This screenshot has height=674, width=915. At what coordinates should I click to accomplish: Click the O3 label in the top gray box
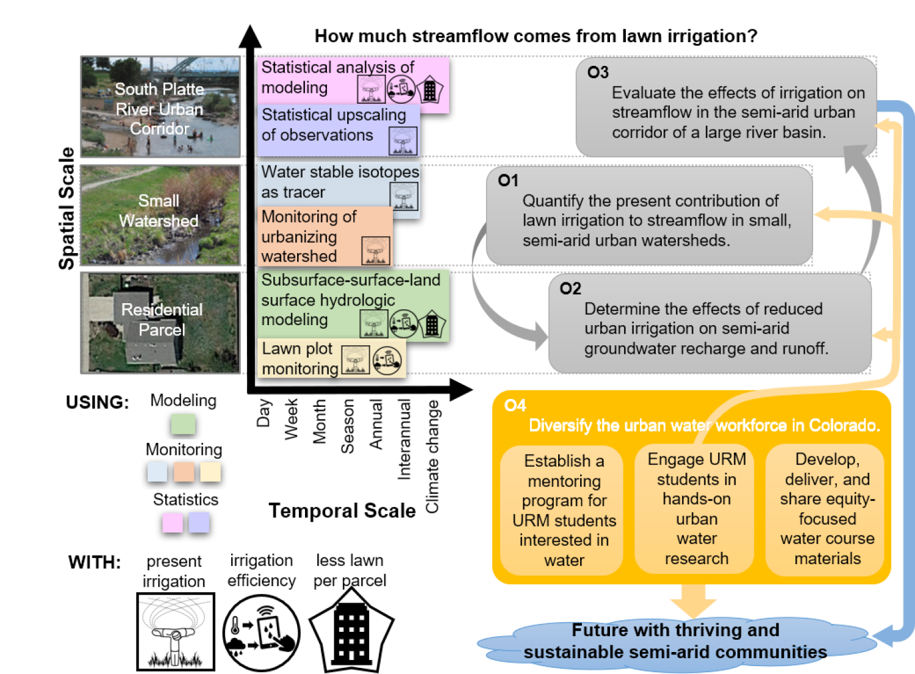pos(598,73)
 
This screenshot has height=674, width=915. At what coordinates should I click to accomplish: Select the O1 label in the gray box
pos(508,181)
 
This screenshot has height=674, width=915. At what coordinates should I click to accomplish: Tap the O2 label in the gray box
pos(570,289)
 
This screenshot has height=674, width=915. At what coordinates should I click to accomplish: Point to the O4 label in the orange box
pos(515,406)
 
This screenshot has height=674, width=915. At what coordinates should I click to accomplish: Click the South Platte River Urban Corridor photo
pos(160,107)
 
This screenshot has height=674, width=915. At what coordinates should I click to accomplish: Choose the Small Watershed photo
pos(160,215)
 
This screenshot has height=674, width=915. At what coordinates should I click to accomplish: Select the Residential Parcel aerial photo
pos(160,323)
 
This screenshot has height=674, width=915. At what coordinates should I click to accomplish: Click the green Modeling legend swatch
pos(183,424)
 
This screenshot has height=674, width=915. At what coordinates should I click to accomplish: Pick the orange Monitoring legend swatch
pos(184,472)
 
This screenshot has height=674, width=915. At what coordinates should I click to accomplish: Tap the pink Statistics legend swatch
pos(173,523)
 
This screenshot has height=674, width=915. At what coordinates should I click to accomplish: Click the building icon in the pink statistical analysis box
pos(430,90)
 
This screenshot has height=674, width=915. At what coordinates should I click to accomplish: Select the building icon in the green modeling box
pos(432,324)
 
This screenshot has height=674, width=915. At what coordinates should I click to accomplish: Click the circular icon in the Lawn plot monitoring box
pos(387,361)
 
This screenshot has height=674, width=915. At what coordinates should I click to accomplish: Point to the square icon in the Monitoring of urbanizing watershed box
pos(376,250)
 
